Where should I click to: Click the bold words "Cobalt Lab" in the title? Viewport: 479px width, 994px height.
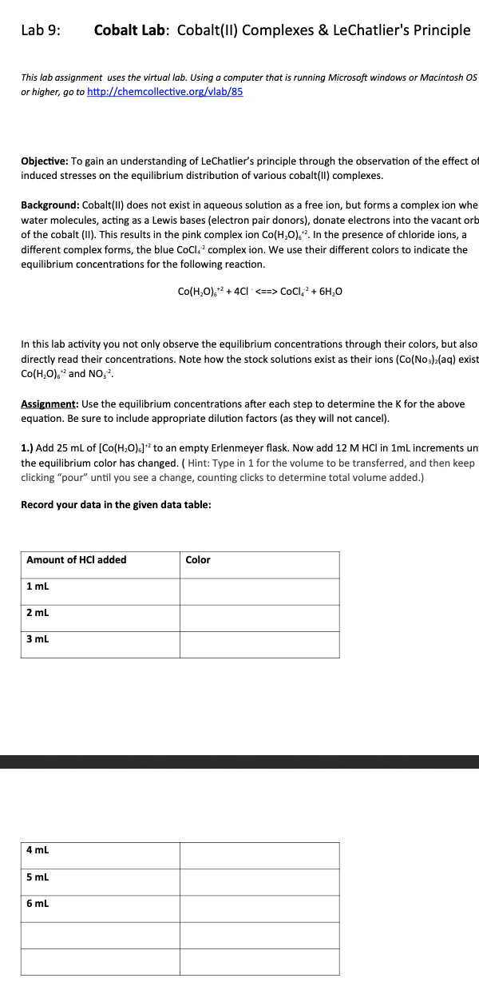(x=130, y=31)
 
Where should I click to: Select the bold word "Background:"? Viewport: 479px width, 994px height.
(x=49, y=205)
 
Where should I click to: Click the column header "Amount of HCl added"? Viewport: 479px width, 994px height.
(x=77, y=560)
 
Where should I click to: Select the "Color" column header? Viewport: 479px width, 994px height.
(x=198, y=560)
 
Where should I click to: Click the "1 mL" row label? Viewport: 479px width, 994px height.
(x=38, y=586)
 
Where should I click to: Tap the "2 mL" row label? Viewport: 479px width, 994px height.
(x=38, y=613)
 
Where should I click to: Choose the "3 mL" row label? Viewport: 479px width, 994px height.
(x=38, y=639)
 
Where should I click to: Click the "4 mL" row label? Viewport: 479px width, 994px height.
(x=38, y=850)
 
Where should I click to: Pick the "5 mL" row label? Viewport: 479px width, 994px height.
(x=38, y=877)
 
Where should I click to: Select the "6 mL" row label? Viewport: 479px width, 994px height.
(x=38, y=904)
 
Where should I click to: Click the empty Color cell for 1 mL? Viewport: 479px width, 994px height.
(x=259, y=591)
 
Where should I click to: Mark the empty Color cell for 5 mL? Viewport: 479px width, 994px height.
(x=259, y=881)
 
